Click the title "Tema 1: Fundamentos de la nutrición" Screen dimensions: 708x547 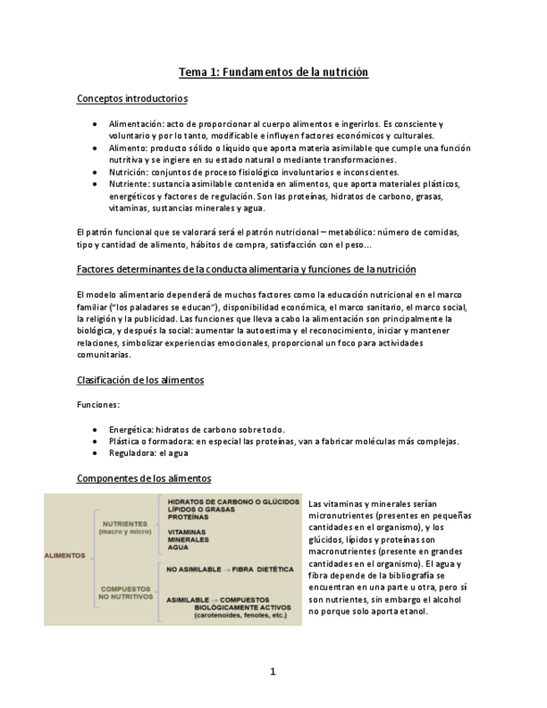coord(273,73)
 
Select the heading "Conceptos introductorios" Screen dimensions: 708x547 coord(132,99)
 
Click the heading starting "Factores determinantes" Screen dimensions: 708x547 coord(246,270)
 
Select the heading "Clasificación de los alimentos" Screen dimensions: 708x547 coord(140,380)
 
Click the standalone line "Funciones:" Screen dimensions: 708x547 coord(98,404)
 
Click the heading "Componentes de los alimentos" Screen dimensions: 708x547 coord(144,478)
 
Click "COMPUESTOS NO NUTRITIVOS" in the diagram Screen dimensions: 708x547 coord(126,593)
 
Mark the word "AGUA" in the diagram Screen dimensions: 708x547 coord(178,548)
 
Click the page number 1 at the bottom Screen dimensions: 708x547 coord(273,671)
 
